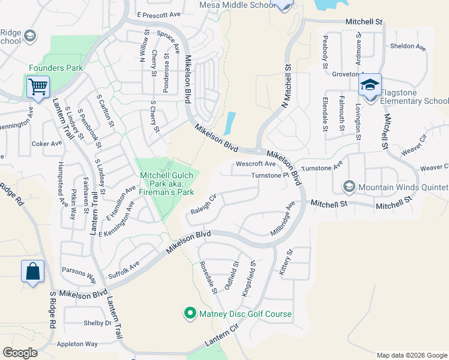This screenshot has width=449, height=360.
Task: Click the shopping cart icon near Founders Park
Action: [x=38, y=86]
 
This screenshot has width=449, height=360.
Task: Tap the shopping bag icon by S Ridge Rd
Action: [x=32, y=271]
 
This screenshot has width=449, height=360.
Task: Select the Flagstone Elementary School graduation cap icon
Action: [x=370, y=85]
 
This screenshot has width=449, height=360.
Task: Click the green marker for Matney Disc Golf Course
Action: [x=190, y=313]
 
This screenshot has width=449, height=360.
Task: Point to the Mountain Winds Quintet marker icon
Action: [x=349, y=187]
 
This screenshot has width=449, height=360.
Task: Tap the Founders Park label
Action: [x=56, y=68]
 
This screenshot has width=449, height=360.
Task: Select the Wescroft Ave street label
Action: [x=256, y=163]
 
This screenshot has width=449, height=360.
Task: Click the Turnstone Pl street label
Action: [x=270, y=175]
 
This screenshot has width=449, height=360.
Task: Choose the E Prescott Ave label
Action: [x=158, y=14]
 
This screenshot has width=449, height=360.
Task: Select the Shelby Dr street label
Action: [x=98, y=323]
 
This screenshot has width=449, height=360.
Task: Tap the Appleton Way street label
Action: [x=77, y=344]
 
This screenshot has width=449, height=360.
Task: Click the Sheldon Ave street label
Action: [x=408, y=46]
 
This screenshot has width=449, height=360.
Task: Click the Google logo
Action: [x=20, y=352]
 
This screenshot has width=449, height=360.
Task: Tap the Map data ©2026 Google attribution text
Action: [x=411, y=355]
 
